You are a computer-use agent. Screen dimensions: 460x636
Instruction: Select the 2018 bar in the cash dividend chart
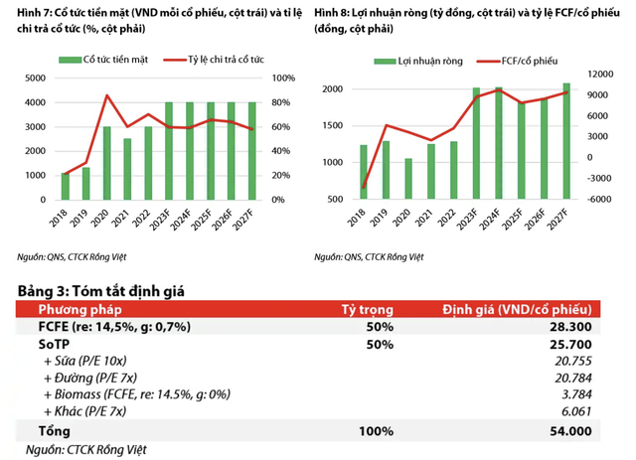click(x=67, y=187)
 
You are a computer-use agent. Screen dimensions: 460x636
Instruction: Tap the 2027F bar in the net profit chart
click(x=565, y=141)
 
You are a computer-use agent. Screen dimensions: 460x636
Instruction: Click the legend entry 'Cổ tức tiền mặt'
click(x=110, y=60)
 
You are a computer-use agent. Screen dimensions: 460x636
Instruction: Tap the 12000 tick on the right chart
click(x=597, y=75)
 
